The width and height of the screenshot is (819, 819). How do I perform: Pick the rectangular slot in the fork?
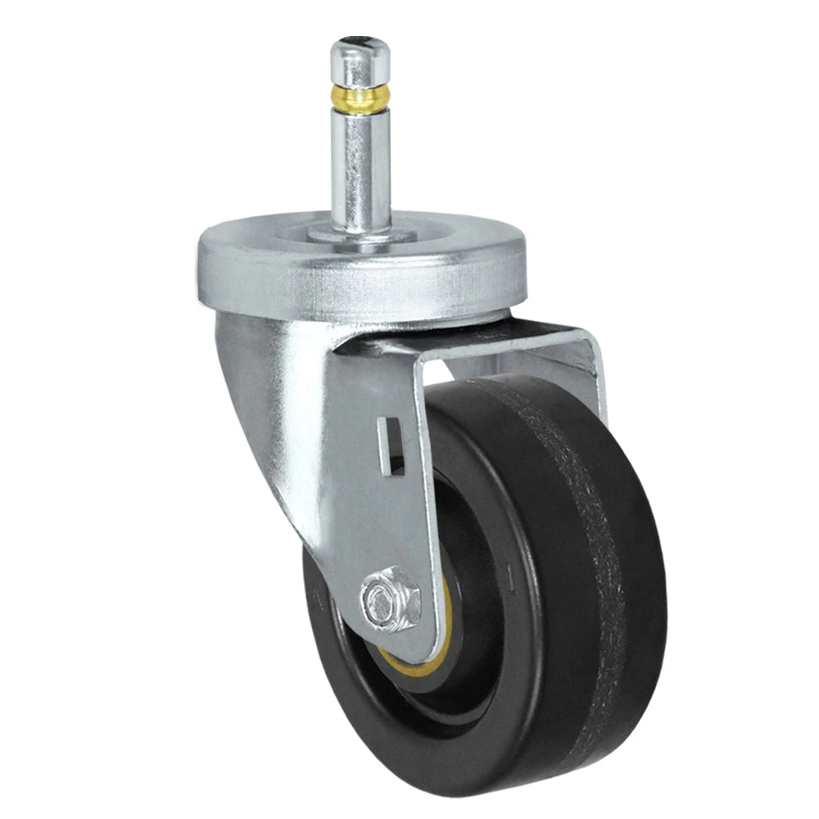(x=393, y=446)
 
